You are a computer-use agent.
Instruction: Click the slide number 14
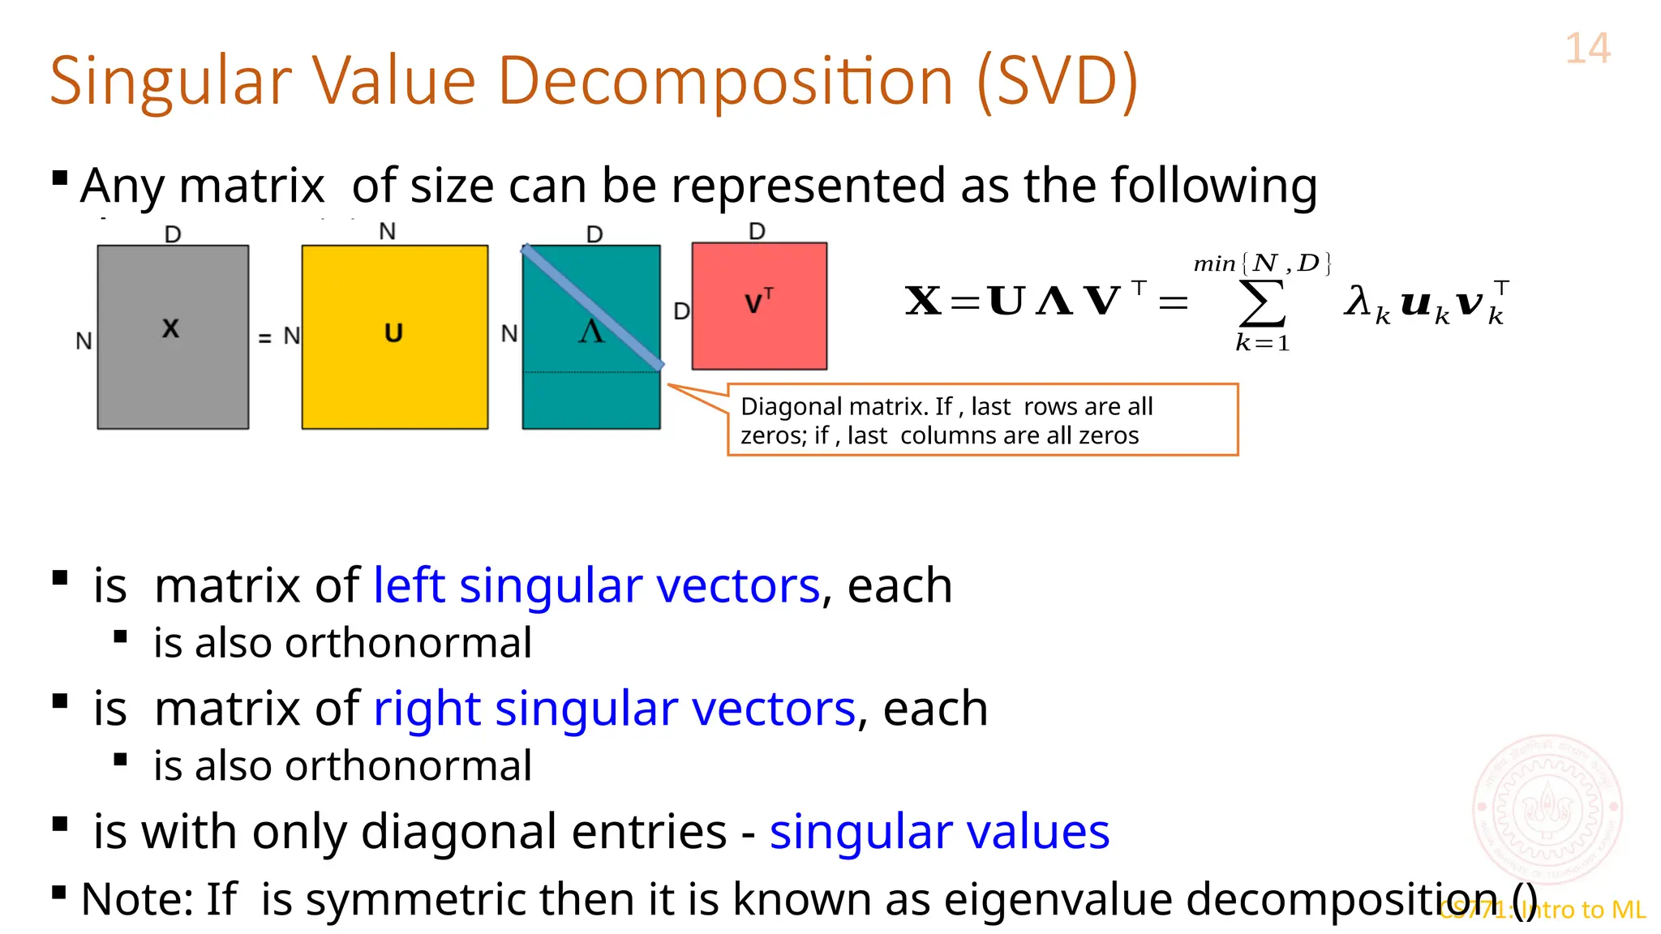[1587, 49]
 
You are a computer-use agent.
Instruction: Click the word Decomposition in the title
[725, 81]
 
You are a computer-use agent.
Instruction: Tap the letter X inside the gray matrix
[170, 328]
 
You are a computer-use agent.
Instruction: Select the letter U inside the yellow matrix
[393, 333]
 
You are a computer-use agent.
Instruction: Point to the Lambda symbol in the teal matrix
[591, 331]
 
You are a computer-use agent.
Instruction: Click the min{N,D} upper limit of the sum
[1262, 263]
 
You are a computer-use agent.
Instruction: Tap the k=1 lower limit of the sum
[1262, 344]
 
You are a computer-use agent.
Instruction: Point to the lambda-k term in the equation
[1367, 303]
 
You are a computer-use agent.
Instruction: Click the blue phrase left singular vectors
[596, 585]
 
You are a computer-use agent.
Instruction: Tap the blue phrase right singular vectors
[614, 709]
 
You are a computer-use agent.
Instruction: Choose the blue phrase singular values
[939, 832]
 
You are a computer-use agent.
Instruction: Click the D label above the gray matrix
[173, 234]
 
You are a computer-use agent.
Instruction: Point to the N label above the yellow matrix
[388, 232]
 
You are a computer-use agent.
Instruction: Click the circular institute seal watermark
[1547, 808]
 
